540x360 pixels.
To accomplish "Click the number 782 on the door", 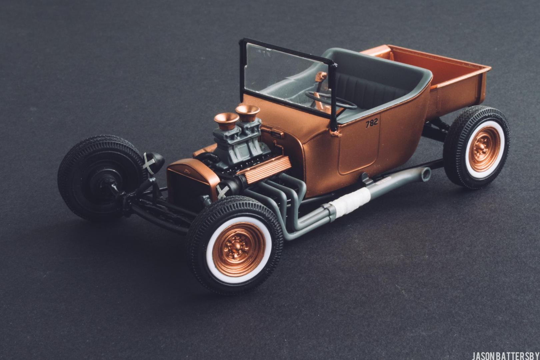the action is [372, 123].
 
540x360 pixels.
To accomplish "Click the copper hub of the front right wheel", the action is [239, 249].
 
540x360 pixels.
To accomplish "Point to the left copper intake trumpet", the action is [226, 120].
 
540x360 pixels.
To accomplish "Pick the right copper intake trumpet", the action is [248, 113].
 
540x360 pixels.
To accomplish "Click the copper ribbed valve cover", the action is [264, 169].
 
